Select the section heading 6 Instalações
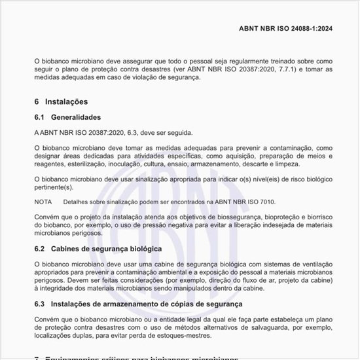point(60,101)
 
